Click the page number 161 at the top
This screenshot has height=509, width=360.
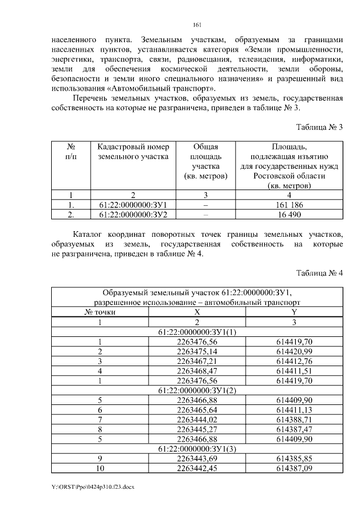pos(197,24)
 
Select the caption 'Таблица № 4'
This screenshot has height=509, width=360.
pos(319,273)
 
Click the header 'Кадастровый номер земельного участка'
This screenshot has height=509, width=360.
pos(133,152)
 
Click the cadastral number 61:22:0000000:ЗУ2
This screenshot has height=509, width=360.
pos(133,214)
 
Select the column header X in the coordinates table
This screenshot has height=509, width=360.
pos(197,312)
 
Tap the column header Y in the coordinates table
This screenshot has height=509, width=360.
pos(294,312)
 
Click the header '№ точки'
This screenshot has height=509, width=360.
pos(100,312)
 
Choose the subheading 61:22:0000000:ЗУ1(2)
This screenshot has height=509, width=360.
pos(197,390)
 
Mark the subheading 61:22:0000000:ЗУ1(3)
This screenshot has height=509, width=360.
pos(197,448)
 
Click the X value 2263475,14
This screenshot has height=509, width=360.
pos(197,351)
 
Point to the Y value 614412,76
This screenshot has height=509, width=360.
pos(294,361)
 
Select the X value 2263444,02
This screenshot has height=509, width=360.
pos(197,419)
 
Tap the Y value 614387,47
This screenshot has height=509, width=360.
pos(294,429)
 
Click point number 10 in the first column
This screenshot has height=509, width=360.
pos(100,467)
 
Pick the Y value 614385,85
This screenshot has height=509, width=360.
pos(294,458)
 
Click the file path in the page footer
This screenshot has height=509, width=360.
pos(92,485)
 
